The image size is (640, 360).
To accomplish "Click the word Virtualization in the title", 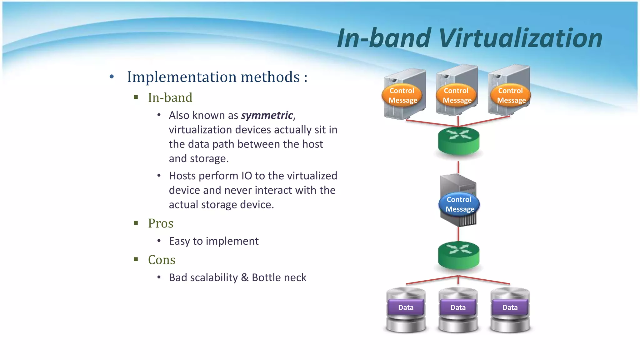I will point(520,38).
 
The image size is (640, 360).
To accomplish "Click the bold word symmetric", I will point(267,115).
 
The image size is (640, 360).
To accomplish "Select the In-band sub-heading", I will point(170,97).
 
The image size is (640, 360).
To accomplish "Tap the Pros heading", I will point(161,223).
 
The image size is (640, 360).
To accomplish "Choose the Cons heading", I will point(162,260).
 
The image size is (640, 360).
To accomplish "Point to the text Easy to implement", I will point(214,241).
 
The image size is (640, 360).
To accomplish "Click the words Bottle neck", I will point(279,277).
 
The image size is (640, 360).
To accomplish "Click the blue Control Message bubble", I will point(459,204).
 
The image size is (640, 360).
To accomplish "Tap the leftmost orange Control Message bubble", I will point(402,95).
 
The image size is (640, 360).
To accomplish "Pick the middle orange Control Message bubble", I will point(457,95).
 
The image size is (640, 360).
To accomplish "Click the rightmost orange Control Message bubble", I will point(511,95).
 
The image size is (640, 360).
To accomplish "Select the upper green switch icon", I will point(458,141).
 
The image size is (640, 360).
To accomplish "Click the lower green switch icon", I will point(458,255).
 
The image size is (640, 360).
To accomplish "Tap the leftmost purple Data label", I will point(406,307).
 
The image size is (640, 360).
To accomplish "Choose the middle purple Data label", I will point(458,307).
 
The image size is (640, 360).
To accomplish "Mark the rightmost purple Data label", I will point(510,307).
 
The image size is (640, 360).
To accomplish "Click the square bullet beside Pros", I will point(136,223).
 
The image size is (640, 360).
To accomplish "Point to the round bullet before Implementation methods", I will point(112,77).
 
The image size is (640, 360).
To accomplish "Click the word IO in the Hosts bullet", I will point(247,176).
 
